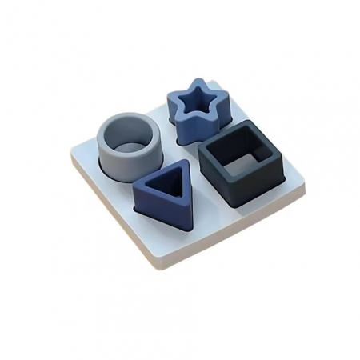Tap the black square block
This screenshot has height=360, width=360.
click(240, 168)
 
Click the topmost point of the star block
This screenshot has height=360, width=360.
click(191, 79)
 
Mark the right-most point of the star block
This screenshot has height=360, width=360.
click(230, 102)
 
